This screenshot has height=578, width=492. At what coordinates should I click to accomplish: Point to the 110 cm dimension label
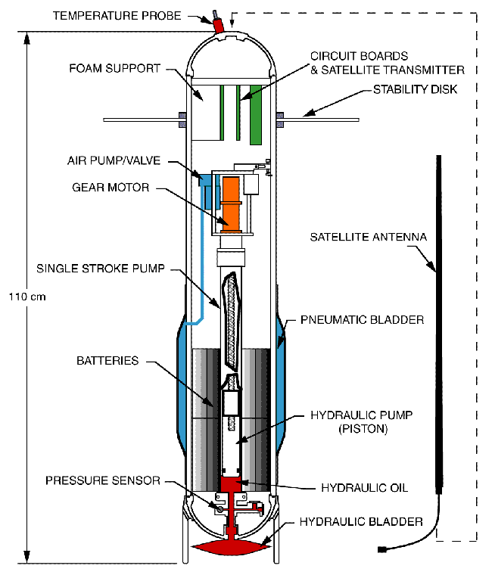29,297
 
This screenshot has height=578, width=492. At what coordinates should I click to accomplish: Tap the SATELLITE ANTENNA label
369,237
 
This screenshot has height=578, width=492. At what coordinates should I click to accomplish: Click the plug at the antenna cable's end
382,548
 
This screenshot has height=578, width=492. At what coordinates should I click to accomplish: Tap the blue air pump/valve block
205,181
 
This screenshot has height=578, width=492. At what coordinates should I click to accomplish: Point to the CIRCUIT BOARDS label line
360,56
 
